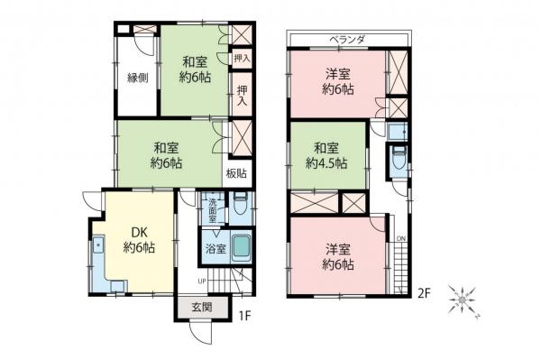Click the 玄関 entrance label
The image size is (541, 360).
coord(200,307)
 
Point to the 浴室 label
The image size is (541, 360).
coord(215,247)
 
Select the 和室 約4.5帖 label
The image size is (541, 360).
coord(326,154)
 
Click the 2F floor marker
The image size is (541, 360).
coord(424,291)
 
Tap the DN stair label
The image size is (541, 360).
coord(401,238)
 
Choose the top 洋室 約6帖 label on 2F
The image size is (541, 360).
coord(337,78)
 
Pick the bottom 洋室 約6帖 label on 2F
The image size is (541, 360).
coord(339,256)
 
